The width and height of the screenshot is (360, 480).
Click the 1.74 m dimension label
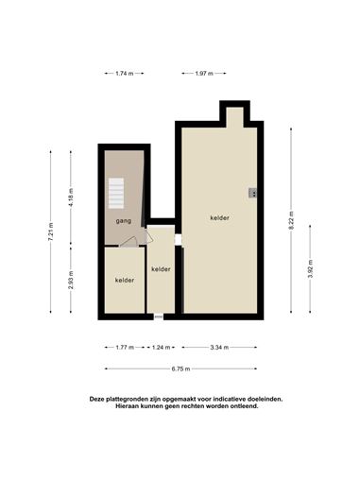click(x=125, y=74)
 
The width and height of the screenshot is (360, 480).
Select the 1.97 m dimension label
click(x=204, y=74)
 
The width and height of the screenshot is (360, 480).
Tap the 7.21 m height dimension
click(x=51, y=231)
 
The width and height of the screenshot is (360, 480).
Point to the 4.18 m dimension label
click(x=71, y=197)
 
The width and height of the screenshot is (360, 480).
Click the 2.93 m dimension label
click(x=71, y=280)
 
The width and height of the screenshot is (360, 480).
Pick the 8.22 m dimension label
click(x=291, y=220)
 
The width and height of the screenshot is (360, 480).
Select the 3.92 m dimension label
click(x=310, y=269)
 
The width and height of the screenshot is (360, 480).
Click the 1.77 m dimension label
click(x=125, y=348)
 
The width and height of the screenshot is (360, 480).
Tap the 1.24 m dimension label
click(x=161, y=348)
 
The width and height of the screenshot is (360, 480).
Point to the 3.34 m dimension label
click(x=219, y=348)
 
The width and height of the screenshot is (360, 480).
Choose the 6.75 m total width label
click(x=180, y=369)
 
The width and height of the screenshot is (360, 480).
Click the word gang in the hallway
click(x=124, y=221)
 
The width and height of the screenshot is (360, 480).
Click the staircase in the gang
click(x=116, y=194)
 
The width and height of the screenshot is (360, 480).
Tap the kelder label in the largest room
click(x=219, y=217)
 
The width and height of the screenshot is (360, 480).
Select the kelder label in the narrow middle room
click(x=161, y=269)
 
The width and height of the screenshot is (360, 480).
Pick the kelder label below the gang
click(x=125, y=280)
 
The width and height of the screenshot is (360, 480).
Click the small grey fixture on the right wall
click(x=252, y=193)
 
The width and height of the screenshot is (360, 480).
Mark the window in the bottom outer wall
click(x=159, y=317)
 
